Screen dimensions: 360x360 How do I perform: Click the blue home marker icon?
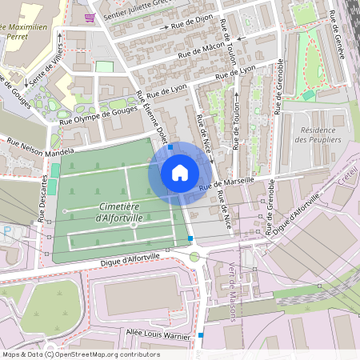click(180, 172)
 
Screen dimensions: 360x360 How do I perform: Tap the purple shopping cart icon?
click(89, 17)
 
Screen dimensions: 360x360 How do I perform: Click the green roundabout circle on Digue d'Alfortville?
click(194, 257)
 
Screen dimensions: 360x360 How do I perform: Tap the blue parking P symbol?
click(7, 230)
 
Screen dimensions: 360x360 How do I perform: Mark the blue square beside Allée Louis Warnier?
click(201, 335)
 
